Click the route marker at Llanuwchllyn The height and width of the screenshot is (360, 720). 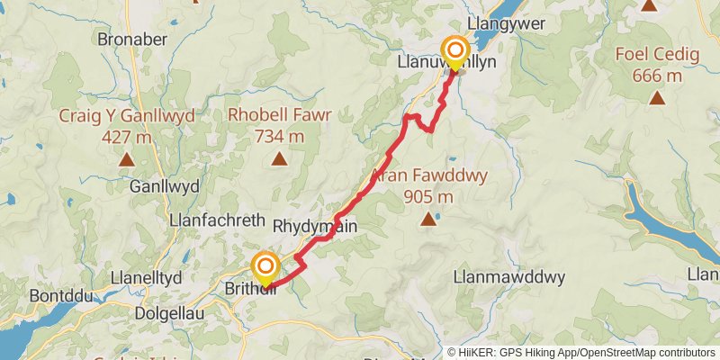point(455,51)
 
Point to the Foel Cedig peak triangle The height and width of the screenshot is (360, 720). point(657,98)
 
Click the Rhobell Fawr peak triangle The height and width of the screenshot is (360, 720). point(280,160)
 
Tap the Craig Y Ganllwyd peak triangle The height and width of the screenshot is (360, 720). point(126,160)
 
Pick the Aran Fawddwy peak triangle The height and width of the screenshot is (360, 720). point(427,218)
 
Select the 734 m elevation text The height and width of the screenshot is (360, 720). point(280,137)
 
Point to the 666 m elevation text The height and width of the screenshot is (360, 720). point(657,76)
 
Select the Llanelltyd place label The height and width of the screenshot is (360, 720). point(146,276)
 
